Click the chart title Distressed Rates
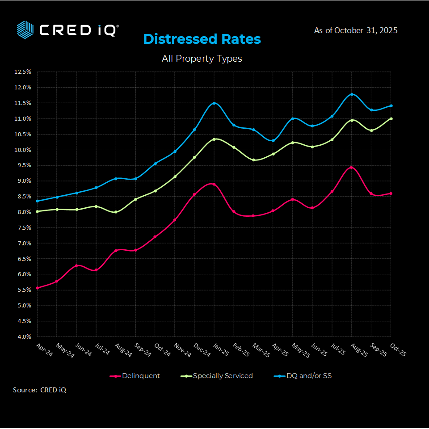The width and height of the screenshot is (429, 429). pos(202,39)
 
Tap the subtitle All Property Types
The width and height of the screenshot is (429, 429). pos(202,59)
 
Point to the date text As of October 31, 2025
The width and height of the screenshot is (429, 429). pos(356,30)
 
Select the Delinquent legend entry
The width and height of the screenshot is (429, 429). pos(135,376)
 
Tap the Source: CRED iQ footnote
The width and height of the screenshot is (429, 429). pos(40,390)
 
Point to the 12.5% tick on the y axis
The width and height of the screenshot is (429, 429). pos(23,72)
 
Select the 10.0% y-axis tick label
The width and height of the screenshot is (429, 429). pos(23,150)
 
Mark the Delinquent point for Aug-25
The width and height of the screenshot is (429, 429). pos(352,168)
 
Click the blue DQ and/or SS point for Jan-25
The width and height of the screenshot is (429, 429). pos(214,103)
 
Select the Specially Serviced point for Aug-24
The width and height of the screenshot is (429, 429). pos(116,212)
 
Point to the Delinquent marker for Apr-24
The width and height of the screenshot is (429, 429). pos(37,288)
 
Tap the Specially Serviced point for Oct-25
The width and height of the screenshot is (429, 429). pos(391,118)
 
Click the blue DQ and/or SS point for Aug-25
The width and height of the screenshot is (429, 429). pos(352,94)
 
